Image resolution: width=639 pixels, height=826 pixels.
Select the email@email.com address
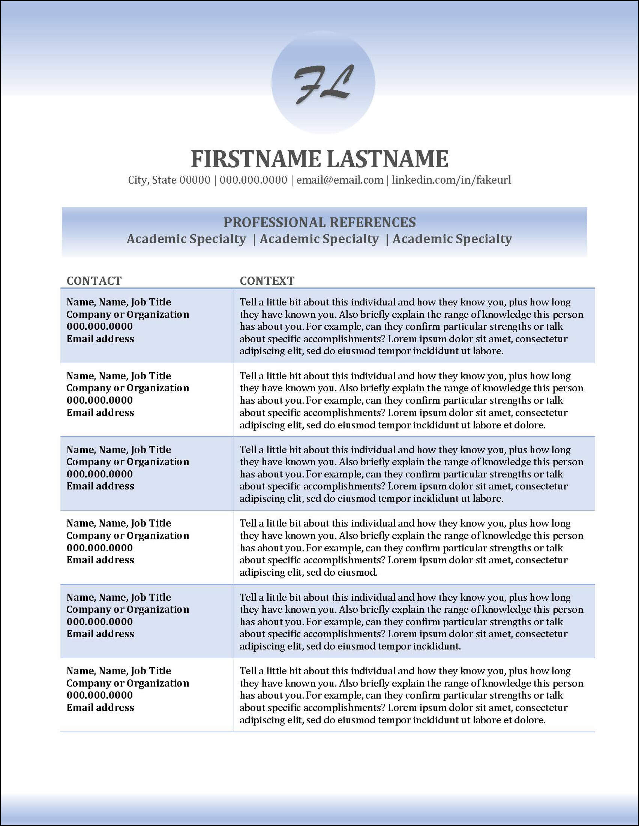coord(340,180)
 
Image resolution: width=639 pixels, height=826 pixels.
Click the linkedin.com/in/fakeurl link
coord(451,180)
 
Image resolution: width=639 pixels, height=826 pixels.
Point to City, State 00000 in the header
coord(169,180)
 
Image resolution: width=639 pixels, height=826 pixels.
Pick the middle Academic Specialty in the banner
coord(319,239)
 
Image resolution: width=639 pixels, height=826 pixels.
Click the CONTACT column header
coord(94,281)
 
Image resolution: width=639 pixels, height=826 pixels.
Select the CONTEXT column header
coord(267,281)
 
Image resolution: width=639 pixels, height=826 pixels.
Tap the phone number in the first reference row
coord(99,326)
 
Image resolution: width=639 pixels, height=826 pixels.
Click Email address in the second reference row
coord(100,413)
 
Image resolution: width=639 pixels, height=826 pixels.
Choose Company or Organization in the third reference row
coord(127,462)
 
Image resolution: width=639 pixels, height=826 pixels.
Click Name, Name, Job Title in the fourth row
coord(119,524)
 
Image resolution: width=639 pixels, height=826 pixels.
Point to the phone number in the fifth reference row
coord(99,622)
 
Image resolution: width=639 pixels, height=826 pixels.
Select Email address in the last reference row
coord(100,708)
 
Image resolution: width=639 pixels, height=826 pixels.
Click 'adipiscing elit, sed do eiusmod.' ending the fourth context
coord(308,572)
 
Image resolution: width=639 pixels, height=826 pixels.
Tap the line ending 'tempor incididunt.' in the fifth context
coord(350,646)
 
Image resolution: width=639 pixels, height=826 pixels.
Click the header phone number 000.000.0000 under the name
coord(253,180)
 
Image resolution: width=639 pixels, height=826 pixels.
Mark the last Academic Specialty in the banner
coord(452,239)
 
